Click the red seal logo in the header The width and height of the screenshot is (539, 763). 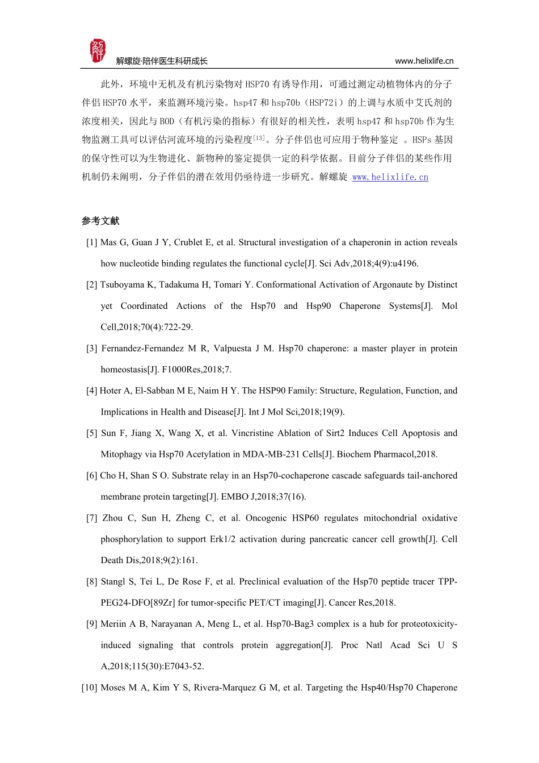click(98, 51)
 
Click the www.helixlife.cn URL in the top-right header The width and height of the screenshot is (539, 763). click(424, 61)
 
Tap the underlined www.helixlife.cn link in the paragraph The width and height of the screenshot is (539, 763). click(390, 177)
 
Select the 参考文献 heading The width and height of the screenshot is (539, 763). click(100, 221)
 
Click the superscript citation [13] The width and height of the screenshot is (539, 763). click(259, 137)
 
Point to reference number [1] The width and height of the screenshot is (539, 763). click(92, 242)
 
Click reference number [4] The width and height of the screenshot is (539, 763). click(92, 391)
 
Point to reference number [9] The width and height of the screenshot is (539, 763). click(92, 624)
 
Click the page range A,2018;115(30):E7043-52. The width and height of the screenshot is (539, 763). click(152, 666)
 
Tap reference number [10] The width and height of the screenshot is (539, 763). click(90, 687)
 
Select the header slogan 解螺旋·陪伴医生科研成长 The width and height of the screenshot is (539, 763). click(162, 61)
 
